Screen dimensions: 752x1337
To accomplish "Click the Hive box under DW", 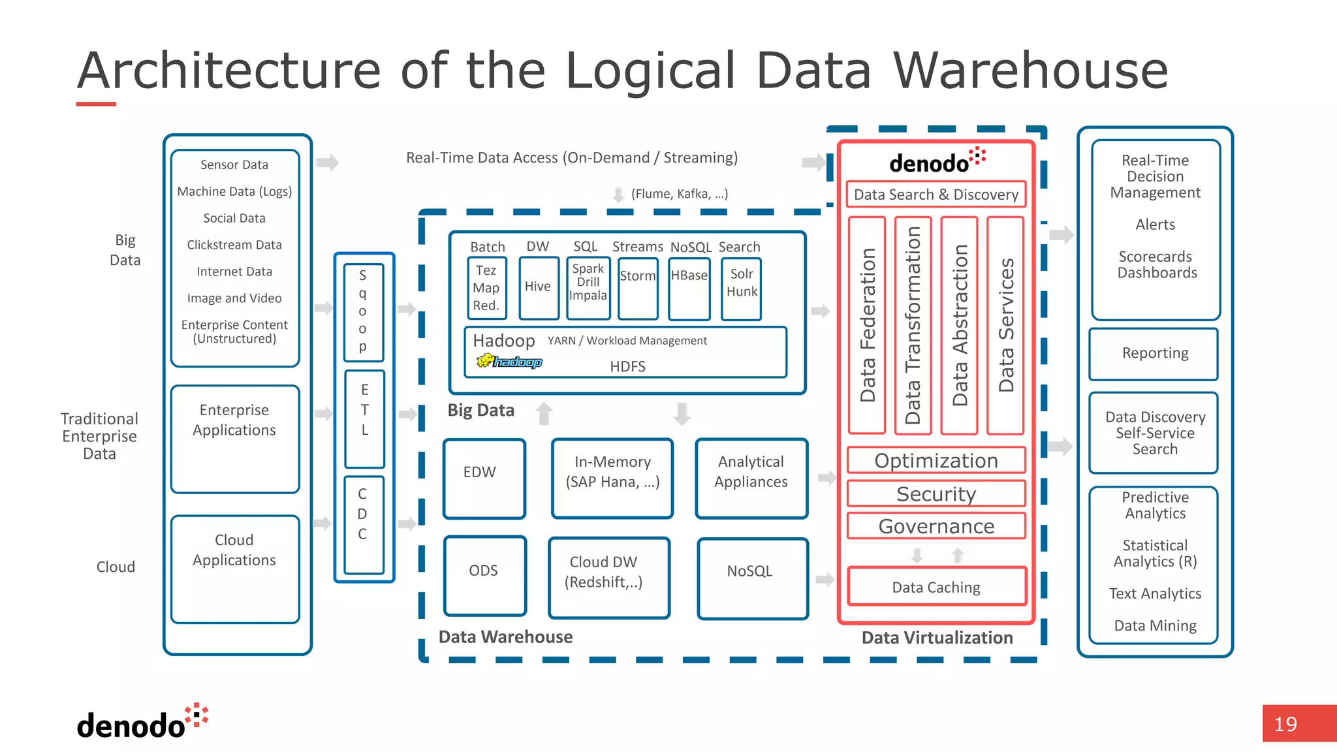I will (539, 287).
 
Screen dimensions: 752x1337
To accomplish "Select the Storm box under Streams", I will (638, 287).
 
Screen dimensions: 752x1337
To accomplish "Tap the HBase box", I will (689, 287).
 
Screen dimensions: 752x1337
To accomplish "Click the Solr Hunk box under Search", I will (742, 287).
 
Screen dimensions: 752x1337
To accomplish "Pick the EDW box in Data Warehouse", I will (484, 478).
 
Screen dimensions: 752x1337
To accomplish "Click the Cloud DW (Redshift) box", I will (608, 577).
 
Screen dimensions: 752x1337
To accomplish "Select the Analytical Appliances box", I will (751, 478).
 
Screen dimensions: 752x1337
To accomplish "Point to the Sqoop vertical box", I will (363, 312).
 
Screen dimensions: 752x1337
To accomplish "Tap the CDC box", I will (363, 525).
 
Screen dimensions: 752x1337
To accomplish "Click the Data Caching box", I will (936, 587).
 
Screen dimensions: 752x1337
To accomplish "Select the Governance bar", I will (936, 526).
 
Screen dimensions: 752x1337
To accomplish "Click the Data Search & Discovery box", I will (936, 195).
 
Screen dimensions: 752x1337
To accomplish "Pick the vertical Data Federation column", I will (867, 325).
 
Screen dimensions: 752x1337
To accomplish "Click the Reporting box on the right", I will (1154, 354).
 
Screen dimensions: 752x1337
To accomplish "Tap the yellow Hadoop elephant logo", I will (485, 360).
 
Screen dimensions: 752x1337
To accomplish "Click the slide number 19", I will (1286, 724).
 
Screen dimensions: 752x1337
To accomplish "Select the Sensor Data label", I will (234, 164).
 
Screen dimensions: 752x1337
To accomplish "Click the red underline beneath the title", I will (96, 104).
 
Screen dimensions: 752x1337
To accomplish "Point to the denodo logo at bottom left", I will (140, 722).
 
